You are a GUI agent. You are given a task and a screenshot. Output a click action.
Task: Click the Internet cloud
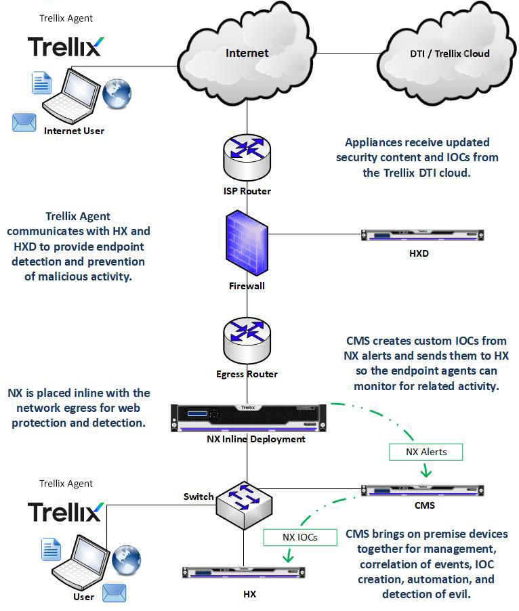pyautogui.click(x=247, y=54)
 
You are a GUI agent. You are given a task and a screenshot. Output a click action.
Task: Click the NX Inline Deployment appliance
pyautogui.click(x=247, y=416)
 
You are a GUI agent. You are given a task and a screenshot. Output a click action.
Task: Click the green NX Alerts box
pyautogui.click(x=425, y=452)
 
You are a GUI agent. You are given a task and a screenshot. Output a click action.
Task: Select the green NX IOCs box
pyautogui.click(x=299, y=538)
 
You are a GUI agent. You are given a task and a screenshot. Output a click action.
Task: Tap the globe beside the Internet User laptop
pyautogui.click(x=118, y=91)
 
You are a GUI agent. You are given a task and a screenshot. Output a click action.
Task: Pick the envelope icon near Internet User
pyautogui.click(x=24, y=123)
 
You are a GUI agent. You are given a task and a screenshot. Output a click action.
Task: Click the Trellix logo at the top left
pyautogui.click(x=65, y=46)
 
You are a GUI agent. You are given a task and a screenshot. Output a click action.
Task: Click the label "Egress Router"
pyautogui.click(x=247, y=374)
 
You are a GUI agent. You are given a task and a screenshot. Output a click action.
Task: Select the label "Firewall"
pyautogui.click(x=247, y=286)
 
